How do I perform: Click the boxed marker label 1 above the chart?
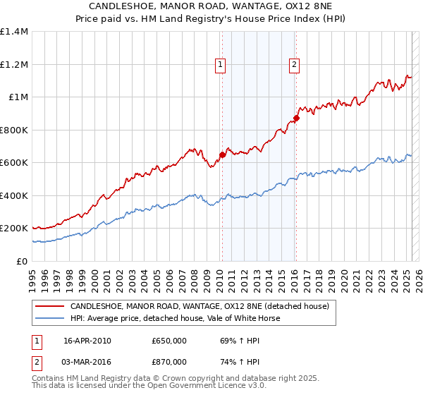pos(221,65)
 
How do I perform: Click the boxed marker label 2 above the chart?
pos(293,65)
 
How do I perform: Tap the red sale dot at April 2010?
pos(222,154)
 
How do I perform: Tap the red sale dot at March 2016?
pos(296,119)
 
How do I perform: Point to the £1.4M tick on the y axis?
pos(14,32)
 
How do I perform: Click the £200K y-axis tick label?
pos(14,229)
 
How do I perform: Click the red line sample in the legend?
pos(49,307)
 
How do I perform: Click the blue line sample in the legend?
pos(49,318)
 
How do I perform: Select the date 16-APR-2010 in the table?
pos(87,341)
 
